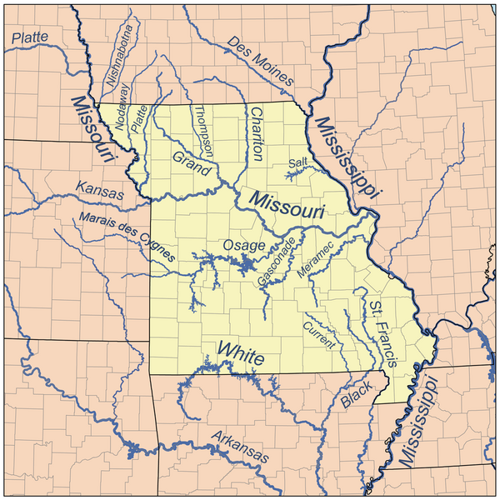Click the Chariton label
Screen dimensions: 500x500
pos(257,134)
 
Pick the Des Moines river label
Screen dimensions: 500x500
pos(261,62)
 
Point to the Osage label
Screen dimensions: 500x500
pos(243,246)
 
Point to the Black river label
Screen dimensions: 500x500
pos(355,394)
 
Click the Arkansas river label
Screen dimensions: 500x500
pos(240,448)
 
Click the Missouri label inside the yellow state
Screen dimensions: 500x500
pos(286,207)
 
